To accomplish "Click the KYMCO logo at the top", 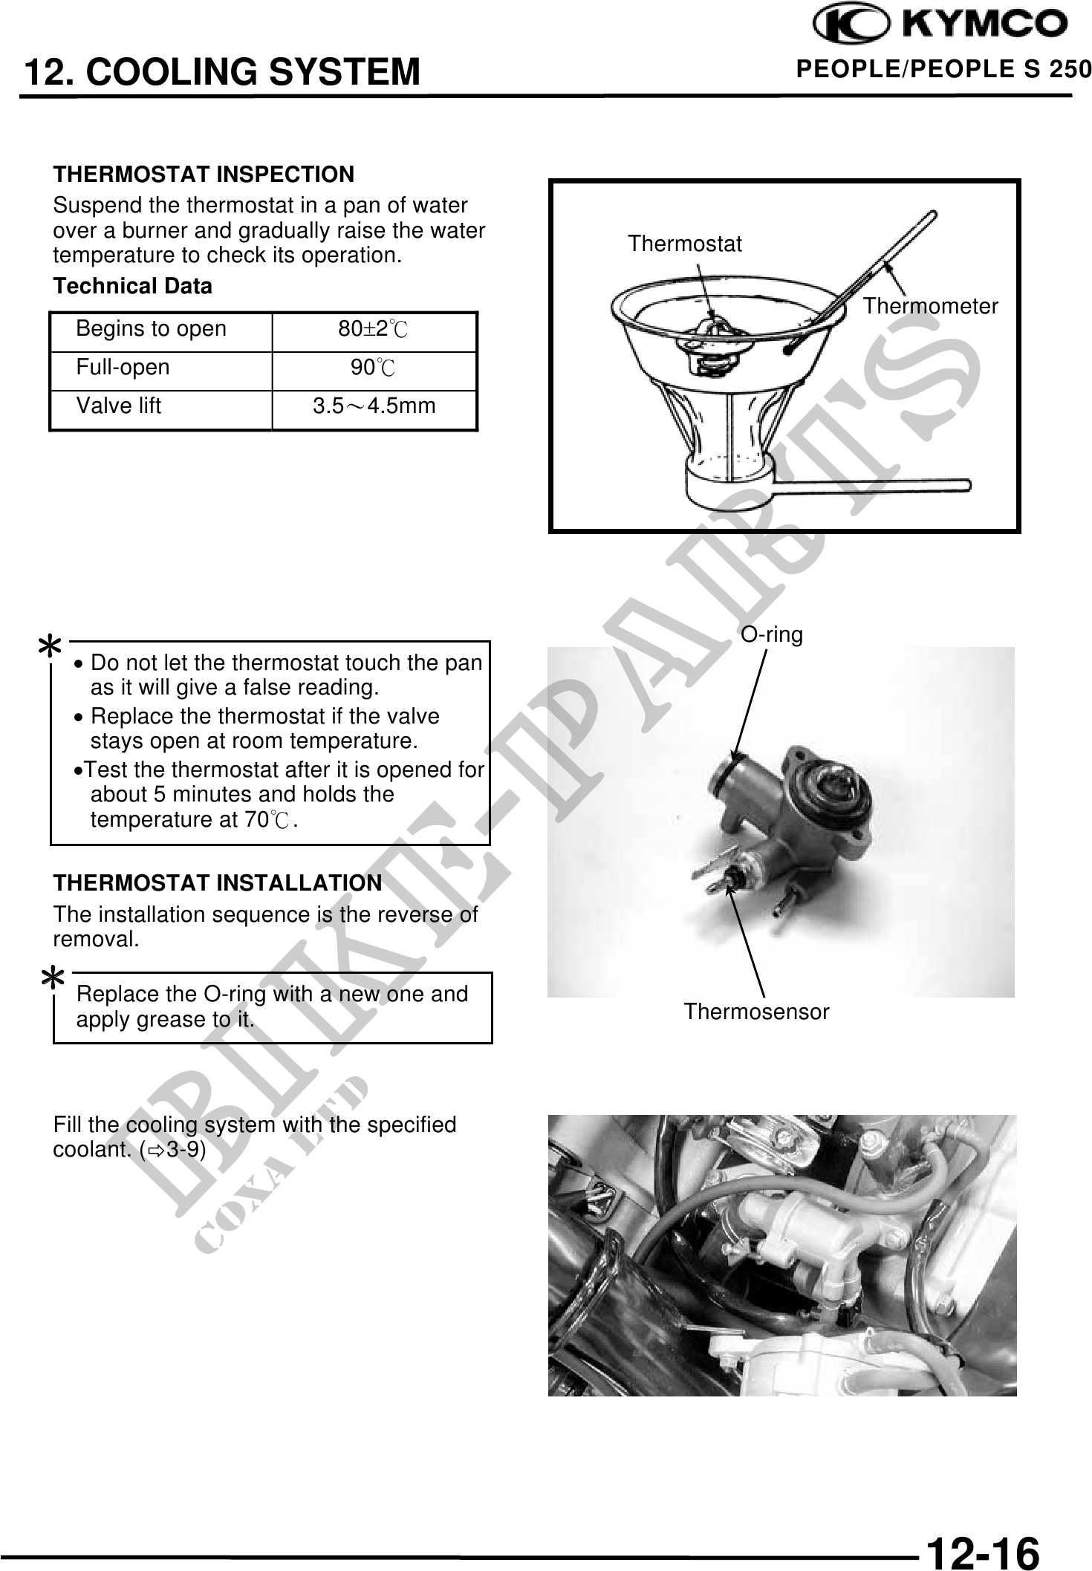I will click(940, 25).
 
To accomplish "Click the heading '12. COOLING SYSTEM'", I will click(221, 73).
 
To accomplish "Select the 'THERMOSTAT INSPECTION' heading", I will click(204, 175).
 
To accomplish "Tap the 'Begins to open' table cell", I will click(151, 329).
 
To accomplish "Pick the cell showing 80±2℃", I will click(373, 329).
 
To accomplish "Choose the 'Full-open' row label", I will click(123, 368).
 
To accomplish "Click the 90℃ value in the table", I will click(373, 368).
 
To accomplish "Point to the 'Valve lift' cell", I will click(118, 406).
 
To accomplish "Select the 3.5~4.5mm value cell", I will click(374, 406).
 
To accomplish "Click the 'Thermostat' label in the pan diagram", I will click(684, 244).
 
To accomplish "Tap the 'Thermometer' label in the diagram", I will click(930, 306).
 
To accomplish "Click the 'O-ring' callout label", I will click(772, 635).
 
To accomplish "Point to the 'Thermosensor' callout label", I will click(756, 1012).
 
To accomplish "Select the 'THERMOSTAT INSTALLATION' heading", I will click(218, 883).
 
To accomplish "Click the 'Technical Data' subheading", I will click(132, 286).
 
